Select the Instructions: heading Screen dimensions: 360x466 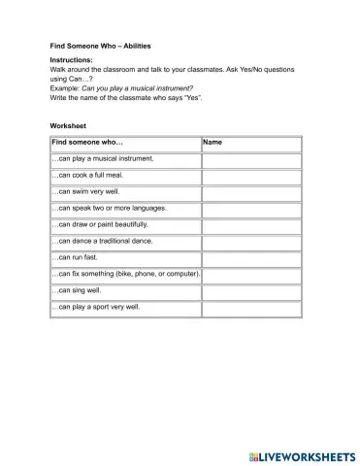(71, 61)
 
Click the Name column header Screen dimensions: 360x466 (213, 142)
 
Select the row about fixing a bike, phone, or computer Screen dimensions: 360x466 (125, 274)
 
